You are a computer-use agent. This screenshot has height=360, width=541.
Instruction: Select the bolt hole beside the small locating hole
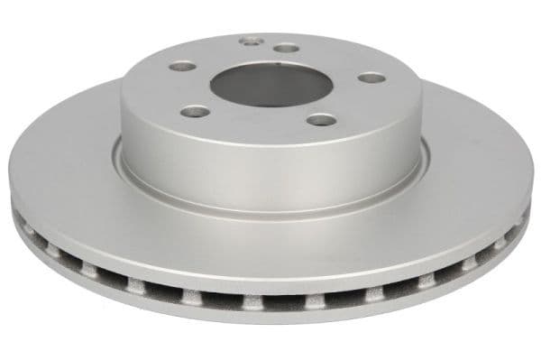(286, 47)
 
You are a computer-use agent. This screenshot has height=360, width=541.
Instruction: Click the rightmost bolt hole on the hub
(371, 78)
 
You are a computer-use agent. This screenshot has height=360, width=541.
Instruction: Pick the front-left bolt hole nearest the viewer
(196, 112)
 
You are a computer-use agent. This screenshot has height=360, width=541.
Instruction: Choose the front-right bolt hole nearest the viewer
(319, 118)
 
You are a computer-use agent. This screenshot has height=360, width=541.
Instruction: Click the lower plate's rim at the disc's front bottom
(270, 316)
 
